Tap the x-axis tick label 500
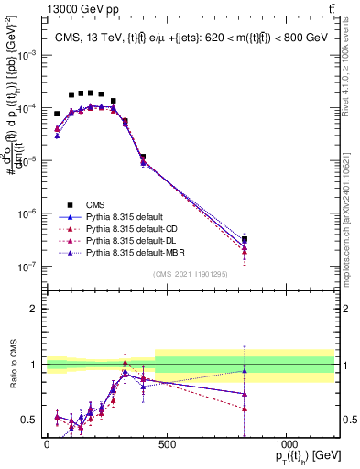pos(167,444)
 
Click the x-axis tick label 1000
pos(287,444)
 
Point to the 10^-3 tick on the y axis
pos(28,55)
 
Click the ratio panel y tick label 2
pos(33,309)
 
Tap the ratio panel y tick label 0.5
pos(29,420)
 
